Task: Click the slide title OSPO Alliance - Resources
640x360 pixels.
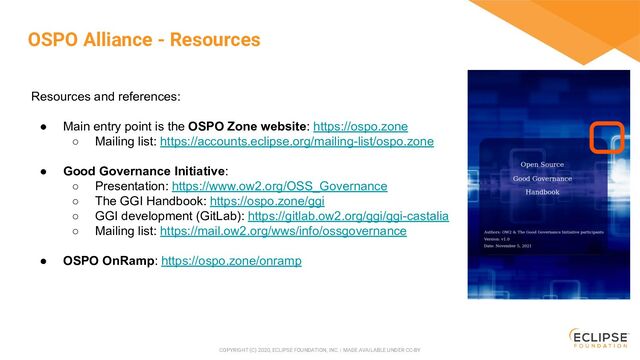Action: [144, 40]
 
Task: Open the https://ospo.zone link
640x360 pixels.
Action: [360, 127]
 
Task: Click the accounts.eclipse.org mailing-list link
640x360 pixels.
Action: [296, 142]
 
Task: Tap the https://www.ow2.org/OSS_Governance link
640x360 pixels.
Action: [279, 186]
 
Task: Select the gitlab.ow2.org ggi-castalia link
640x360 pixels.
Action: [347, 216]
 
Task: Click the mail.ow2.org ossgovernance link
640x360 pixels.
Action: [283, 231]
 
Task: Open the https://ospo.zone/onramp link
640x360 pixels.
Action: [231, 261]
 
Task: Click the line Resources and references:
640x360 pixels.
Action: [106, 97]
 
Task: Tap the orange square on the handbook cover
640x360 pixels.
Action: [606, 137]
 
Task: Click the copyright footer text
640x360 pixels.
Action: [319, 350]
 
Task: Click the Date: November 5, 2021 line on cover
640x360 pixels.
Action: [508, 247]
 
